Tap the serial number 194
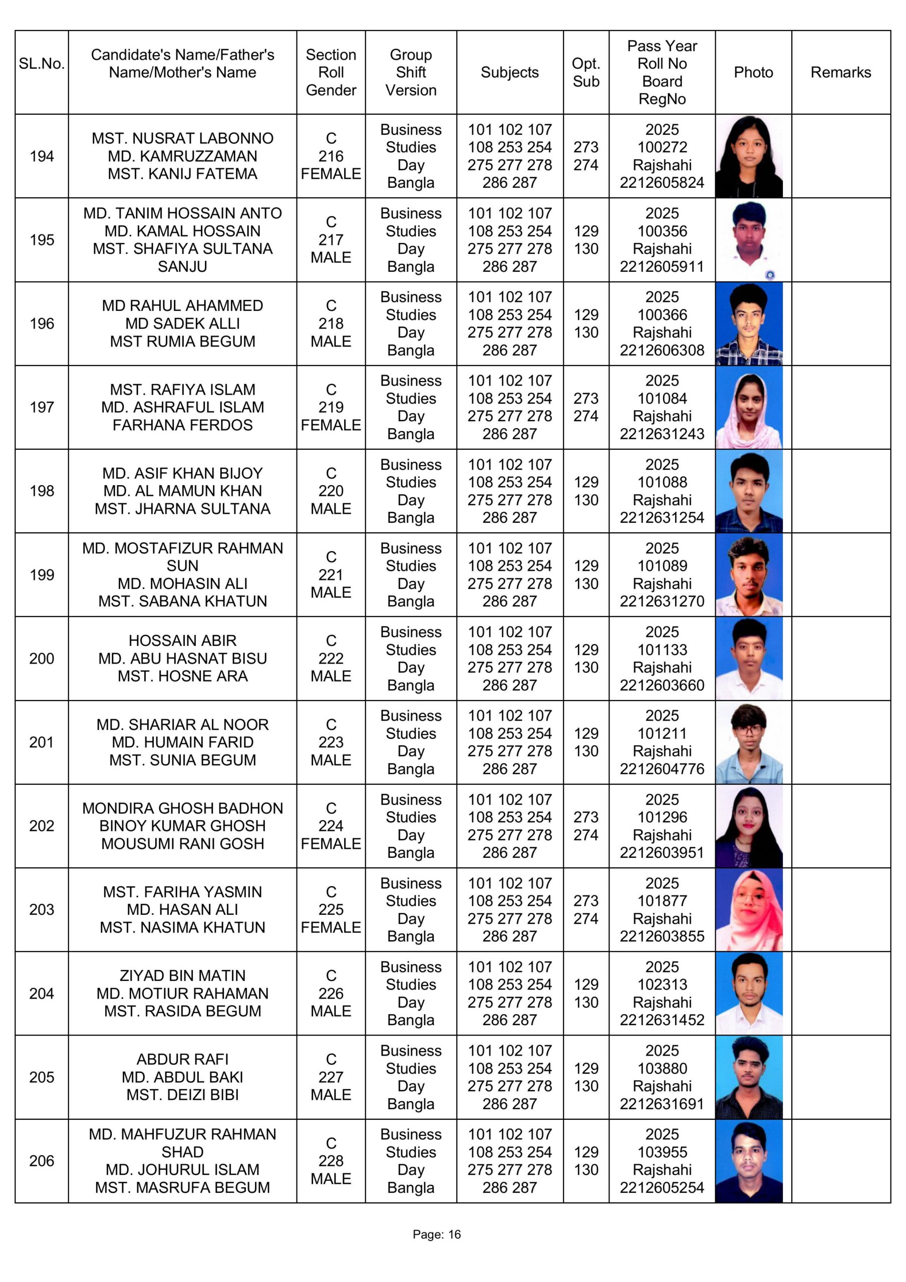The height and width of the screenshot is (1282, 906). coord(42,156)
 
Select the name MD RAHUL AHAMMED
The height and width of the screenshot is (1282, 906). coord(182,306)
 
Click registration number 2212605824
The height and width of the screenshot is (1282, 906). coord(662,183)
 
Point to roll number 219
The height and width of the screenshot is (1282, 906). coord(331,407)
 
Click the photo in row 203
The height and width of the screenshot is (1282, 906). coord(749,909)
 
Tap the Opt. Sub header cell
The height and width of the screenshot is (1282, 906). coord(585,73)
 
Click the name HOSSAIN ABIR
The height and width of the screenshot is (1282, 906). coord(182,640)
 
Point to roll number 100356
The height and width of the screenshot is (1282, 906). coord(662,231)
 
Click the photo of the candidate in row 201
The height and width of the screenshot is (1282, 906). coord(749,742)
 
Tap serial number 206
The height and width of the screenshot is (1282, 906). coord(42,1161)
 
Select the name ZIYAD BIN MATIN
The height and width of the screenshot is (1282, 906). coord(182,976)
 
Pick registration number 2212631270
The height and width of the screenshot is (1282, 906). coord(662,601)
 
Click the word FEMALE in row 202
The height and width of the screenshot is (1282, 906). coord(331,844)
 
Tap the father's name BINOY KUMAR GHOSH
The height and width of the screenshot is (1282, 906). coord(182,826)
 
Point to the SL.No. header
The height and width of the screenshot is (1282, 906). coord(42,64)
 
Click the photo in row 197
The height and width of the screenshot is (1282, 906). coord(749,407)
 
